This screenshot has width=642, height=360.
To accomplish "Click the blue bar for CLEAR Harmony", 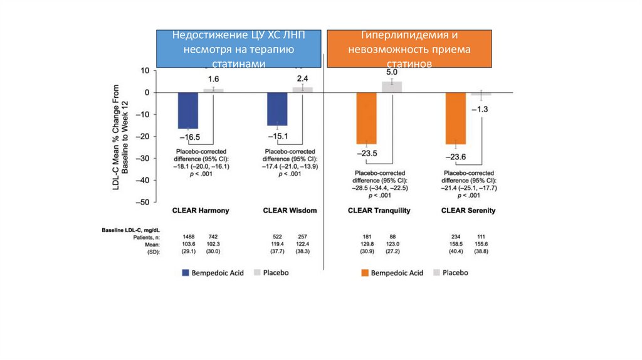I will [x=188, y=110].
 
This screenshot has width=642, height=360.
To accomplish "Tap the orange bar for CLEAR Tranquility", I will [x=367, y=118].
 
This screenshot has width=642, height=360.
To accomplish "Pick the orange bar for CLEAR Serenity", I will [x=456, y=118].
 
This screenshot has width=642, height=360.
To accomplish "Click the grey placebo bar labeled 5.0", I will [x=392, y=87].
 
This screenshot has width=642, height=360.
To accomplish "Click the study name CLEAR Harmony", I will [x=201, y=210].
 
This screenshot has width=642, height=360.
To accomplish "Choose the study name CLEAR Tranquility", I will [x=379, y=211].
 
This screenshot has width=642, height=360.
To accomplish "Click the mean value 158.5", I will [x=456, y=245].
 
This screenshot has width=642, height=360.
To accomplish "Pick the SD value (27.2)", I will [x=392, y=251].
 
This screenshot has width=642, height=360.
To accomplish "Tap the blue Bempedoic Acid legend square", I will [x=185, y=273].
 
